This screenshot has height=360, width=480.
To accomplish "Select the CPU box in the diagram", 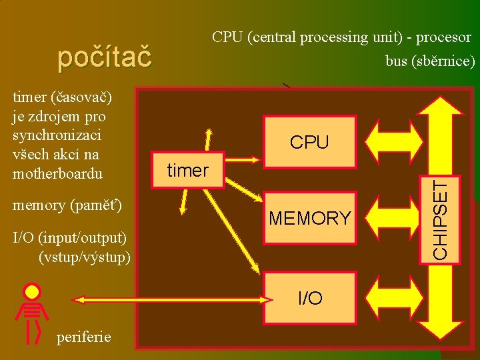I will tap(309, 141).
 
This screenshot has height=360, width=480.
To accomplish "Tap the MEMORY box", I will tap(309, 217).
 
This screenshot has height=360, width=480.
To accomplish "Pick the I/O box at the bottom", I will tap(310, 298).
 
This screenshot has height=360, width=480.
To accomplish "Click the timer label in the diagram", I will tap(188, 171).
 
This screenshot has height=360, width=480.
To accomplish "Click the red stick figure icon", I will tap(32, 313).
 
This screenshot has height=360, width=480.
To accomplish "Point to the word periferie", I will tap(84, 336).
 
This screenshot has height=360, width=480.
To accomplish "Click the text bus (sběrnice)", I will tap(430, 61).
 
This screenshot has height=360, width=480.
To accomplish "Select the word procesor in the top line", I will tap(443, 37).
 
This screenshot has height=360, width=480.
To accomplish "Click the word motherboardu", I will tap(58, 174).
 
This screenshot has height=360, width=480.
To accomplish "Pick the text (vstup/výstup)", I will tap(85, 256).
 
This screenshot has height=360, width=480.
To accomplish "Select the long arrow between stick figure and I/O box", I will tap(167, 298).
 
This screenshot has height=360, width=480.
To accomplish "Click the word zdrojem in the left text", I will tap(53, 116).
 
